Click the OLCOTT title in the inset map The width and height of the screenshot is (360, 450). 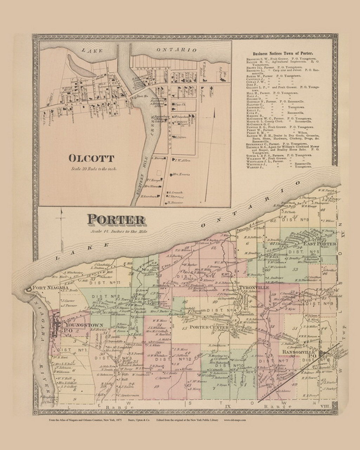point(91,158)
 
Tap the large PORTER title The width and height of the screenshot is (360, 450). point(116,220)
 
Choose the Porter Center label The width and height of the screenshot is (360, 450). point(209,328)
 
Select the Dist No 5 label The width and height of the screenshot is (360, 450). point(302,252)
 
